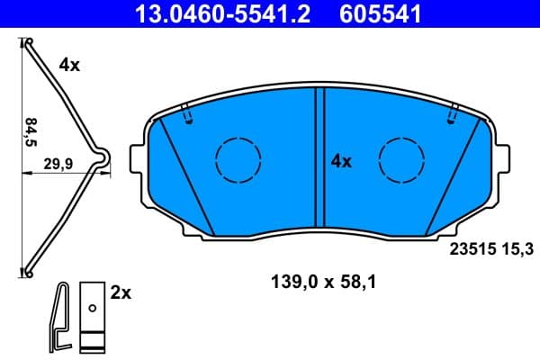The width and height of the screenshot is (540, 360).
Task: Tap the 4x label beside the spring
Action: [x=70, y=64]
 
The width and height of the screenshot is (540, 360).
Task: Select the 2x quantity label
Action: [x=120, y=292]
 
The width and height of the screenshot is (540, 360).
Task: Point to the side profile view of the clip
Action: [x=59, y=317]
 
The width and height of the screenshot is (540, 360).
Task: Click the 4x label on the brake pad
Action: [x=340, y=162]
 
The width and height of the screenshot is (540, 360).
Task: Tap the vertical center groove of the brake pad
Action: [x=319, y=162]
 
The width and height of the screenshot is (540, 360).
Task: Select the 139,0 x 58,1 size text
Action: [x=323, y=282]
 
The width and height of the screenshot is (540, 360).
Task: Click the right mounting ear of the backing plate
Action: [x=501, y=159]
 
